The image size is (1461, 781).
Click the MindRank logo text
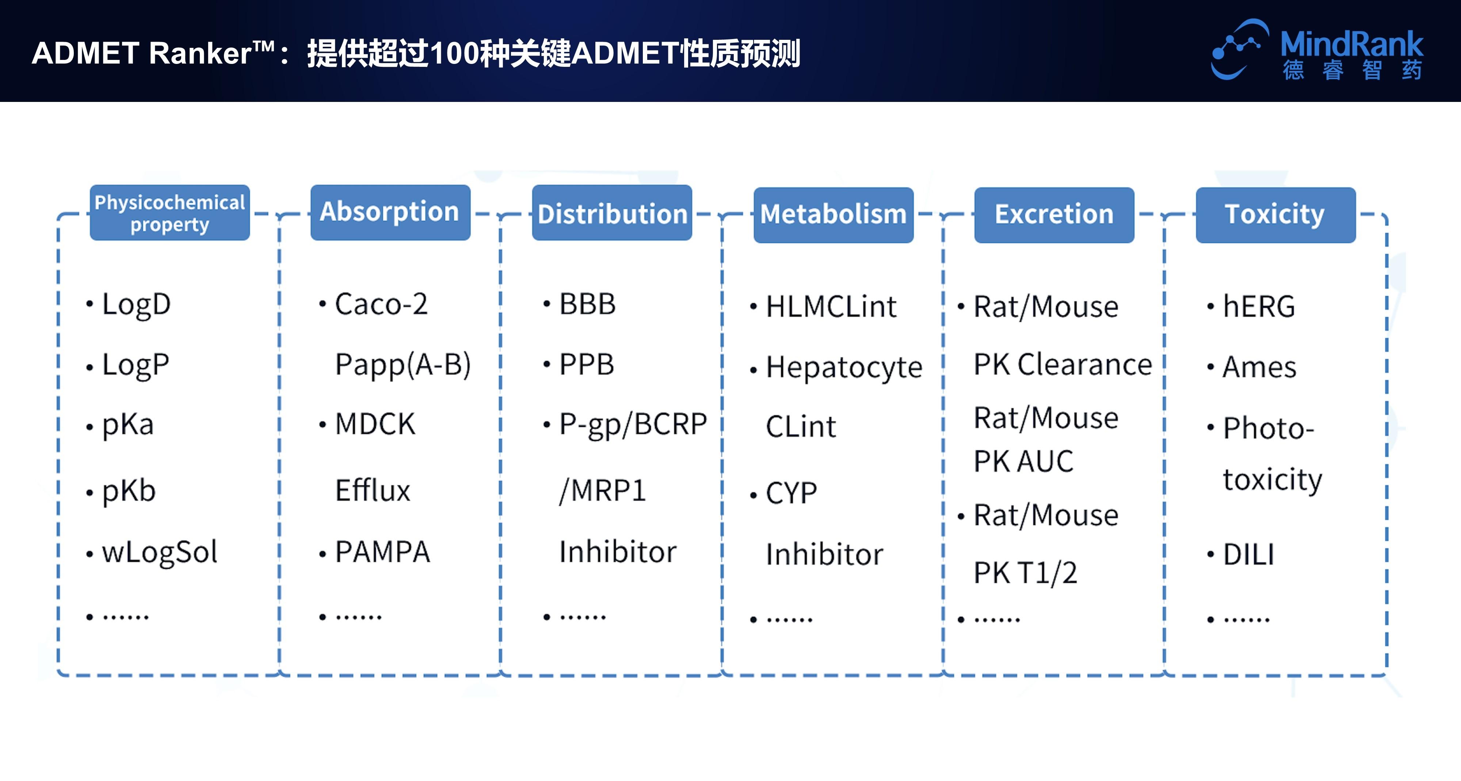point(1351,44)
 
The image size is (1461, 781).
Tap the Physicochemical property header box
point(169,213)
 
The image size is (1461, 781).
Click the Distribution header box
point(611,214)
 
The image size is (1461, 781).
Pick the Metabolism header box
point(833,215)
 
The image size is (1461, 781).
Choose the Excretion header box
point(1054,215)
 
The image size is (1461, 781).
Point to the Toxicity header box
point(1275,215)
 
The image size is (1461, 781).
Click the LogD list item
point(136,305)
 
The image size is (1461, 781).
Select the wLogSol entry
point(159,552)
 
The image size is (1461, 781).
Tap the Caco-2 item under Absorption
point(381,305)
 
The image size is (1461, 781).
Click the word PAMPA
point(382,552)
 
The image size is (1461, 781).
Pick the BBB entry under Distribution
point(587,305)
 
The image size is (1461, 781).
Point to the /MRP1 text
point(602,491)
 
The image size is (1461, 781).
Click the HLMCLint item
point(831,307)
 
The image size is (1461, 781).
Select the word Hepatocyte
point(844,367)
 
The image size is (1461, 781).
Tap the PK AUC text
point(1023,461)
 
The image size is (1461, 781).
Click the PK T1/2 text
point(1025,573)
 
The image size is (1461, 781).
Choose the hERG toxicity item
point(1259,307)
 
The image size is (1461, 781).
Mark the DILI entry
point(1248,554)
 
